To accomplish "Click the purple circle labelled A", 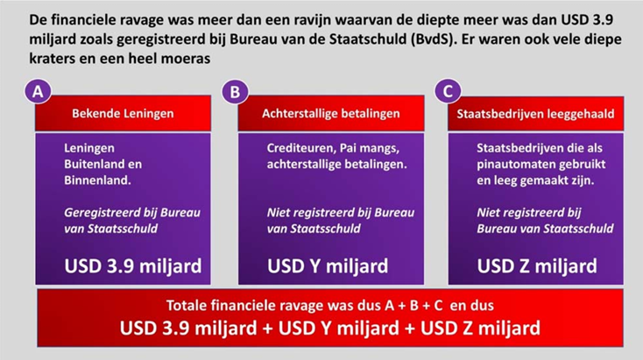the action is tap(38, 91).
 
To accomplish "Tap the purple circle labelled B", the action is tap(235, 91).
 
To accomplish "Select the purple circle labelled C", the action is tap(448, 91).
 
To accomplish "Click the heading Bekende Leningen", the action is tap(123, 114).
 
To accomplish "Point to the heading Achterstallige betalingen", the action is tap(331, 114).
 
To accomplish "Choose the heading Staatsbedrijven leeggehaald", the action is tap(535, 114).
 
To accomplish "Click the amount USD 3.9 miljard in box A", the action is tap(133, 266).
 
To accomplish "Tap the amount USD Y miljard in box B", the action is tap(328, 266).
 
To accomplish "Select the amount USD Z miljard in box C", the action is tap(537, 266).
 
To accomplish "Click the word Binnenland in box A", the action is tap(97, 180).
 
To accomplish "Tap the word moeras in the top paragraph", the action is tap(186, 58).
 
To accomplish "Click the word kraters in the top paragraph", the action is tap(52, 58).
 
